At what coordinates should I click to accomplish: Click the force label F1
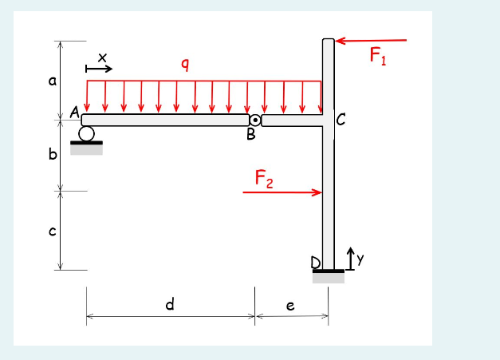pos(378,56)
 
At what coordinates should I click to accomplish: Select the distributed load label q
pos(186,65)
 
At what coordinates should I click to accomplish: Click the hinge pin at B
pos(254,121)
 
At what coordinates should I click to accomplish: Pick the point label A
pos(74,113)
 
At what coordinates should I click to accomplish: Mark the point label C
pos(341,121)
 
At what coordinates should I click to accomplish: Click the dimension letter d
pos(169,304)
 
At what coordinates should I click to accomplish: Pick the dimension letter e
pos(290,306)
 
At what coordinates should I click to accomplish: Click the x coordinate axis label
pos(101,57)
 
